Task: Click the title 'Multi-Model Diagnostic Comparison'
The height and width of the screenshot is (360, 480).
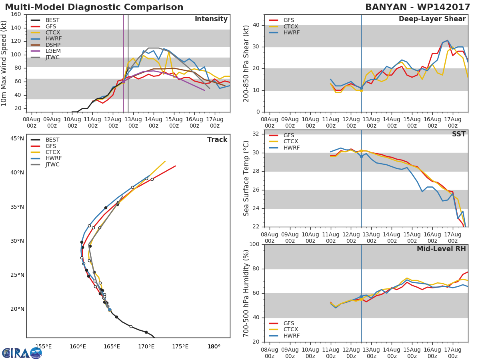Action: (x=94, y=7)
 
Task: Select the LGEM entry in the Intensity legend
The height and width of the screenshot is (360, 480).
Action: (x=53, y=51)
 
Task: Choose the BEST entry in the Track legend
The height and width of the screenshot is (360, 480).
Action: (x=52, y=140)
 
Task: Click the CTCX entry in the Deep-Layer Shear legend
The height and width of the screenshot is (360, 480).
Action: (x=291, y=26)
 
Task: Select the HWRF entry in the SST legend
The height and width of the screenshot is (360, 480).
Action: (x=291, y=148)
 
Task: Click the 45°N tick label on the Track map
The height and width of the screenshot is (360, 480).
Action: (x=17, y=139)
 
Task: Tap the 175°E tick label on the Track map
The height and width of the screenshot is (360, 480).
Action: (x=180, y=346)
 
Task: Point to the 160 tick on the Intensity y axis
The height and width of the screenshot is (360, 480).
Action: (x=16, y=14)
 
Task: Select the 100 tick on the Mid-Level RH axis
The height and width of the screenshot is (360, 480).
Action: (x=254, y=244)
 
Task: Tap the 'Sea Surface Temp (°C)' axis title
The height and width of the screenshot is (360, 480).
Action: (x=246, y=178)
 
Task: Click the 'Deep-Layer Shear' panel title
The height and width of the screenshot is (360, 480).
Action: (x=432, y=19)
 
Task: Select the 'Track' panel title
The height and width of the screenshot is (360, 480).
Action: (x=217, y=140)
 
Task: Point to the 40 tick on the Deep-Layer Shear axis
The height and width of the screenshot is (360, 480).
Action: (x=256, y=25)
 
